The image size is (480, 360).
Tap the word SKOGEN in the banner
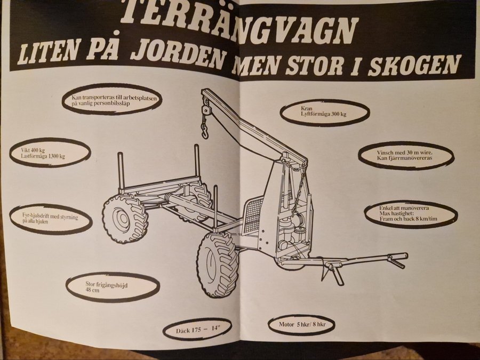414,65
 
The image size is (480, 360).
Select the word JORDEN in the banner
179,54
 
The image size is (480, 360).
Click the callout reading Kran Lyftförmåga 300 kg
325,112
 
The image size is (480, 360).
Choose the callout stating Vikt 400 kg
50,153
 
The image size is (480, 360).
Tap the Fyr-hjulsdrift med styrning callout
51,218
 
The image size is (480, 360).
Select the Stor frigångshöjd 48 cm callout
113,287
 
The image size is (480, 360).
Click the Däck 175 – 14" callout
197,330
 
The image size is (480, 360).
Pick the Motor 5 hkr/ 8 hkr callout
301,324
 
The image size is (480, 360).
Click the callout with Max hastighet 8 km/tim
411,214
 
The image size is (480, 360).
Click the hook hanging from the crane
204,129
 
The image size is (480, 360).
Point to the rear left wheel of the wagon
125,218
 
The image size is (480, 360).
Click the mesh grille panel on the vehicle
254,213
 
